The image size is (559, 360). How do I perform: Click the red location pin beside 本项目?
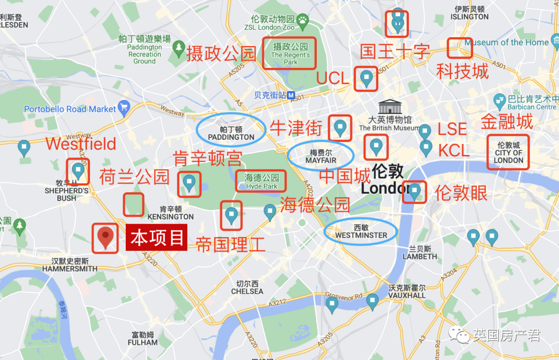pyautogui.click(x=106, y=236)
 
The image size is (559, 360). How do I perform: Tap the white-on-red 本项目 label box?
pyautogui.click(x=156, y=238)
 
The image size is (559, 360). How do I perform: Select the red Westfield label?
pyautogui.click(x=81, y=143)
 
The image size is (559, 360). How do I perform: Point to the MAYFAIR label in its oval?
pyautogui.click(x=320, y=156)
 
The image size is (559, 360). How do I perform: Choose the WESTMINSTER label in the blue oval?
pyautogui.click(x=361, y=232)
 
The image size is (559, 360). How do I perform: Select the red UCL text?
pyautogui.click(x=333, y=78)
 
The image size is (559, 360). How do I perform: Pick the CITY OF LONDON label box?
pyautogui.click(x=508, y=153)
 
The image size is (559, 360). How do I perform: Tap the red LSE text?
pyautogui.click(x=452, y=129)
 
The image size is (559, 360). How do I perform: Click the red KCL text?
pyautogui.click(x=453, y=151)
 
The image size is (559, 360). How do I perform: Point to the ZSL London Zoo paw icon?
pyautogui.click(x=302, y=20)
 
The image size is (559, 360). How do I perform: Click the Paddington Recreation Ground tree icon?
pyautogui.click(x=179, y=48)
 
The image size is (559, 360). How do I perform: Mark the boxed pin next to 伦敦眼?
pyautogui.click(x=414, y=192)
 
